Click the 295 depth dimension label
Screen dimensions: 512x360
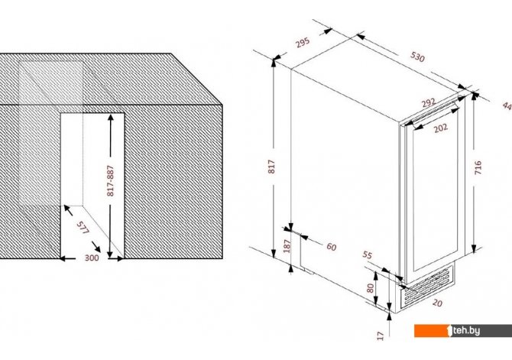tap(303, 43)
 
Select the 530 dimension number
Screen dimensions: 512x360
tap(417, 57)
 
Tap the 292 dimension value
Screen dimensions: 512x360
tap(429, 102)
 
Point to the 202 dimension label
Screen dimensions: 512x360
tap(441, 128)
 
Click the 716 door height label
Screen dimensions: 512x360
tap(478, 167)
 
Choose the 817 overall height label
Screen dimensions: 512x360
tap(271, 167)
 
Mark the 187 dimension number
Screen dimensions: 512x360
tap(287, 246)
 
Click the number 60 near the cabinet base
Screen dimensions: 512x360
tap(332, 247)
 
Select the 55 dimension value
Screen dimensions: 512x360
tap(368, 255)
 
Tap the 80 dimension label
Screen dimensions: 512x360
tap(370, 288)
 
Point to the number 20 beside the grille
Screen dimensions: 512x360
tap(437, 303)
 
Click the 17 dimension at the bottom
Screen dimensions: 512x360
tap(380, 336)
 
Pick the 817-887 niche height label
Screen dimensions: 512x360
tap(111, 180)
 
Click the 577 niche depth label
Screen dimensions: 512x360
tap(83, 228)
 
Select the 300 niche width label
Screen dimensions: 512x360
tap(92, 258)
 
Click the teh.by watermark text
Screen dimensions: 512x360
tap(466, 331)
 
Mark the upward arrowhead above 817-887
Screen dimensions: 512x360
tap(111, 118)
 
